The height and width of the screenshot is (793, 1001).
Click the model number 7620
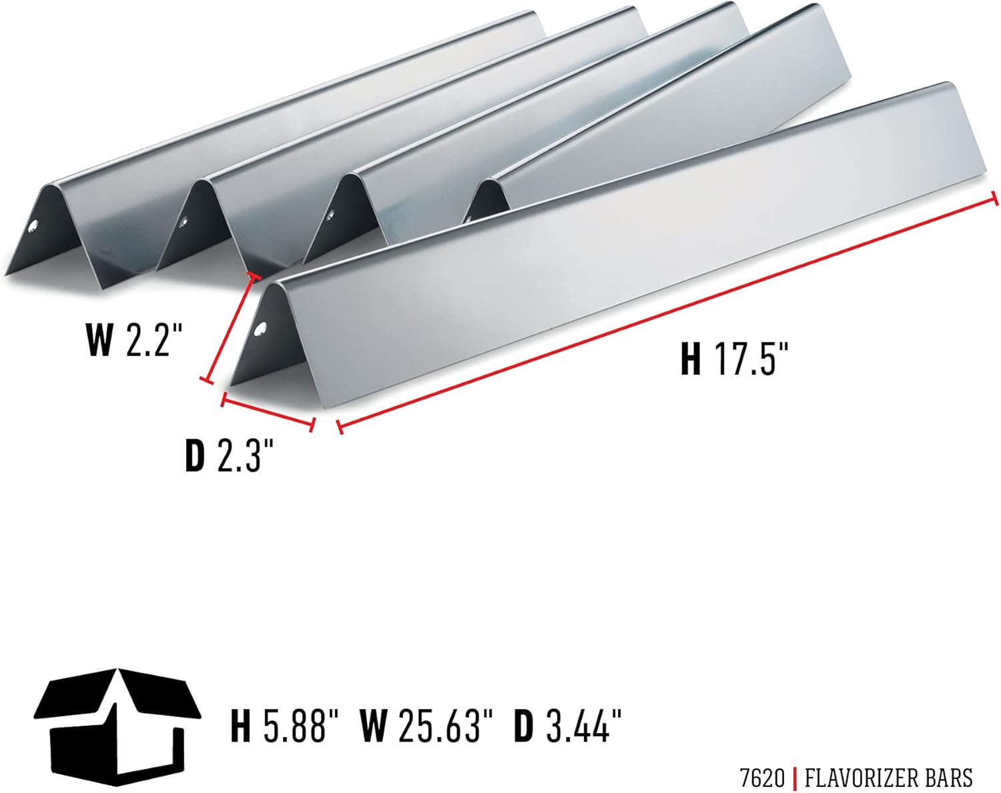click(x=762, y=778)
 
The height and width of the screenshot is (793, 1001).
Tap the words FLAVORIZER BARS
click(x=888, y=778)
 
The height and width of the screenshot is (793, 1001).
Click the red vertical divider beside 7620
click(x=794, y=778)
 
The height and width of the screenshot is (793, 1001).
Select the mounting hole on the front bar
click(x=261, y=329)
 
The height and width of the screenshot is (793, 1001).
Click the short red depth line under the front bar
click(x=268, y=412)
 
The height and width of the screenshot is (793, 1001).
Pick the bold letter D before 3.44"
click(x=524, y=726)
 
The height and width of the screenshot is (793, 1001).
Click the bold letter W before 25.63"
click(x=373, y=726)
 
